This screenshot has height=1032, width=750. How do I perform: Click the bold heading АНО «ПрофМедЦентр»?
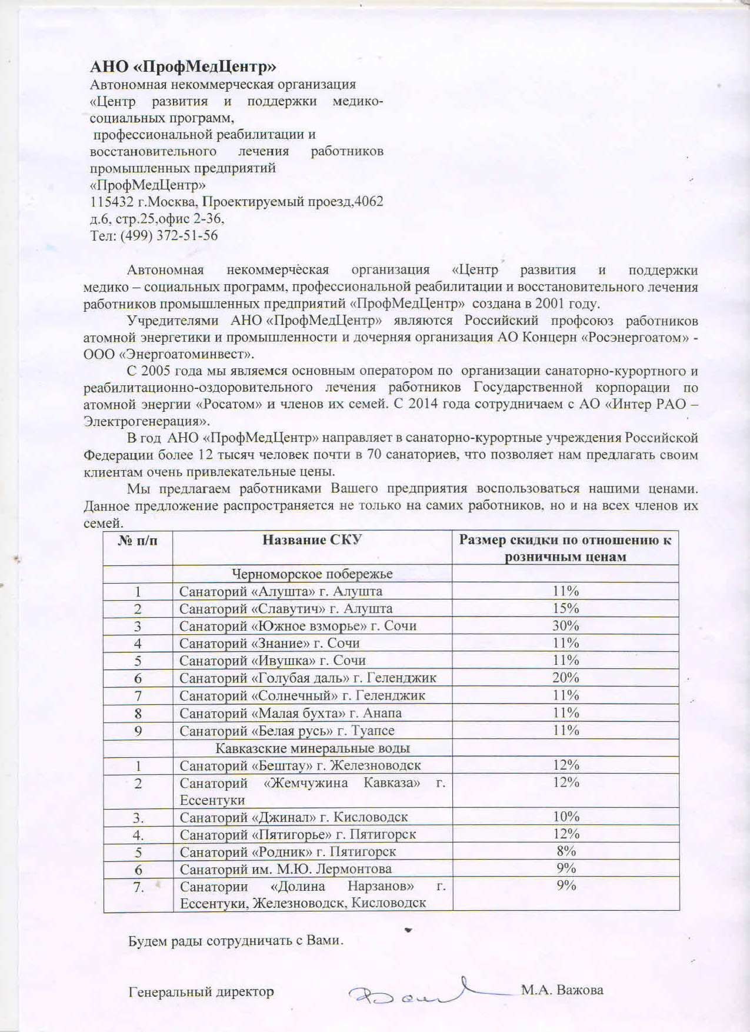[183, 66]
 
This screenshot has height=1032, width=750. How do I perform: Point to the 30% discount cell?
[565, 625]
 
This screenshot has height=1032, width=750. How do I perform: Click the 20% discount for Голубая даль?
[565, 678]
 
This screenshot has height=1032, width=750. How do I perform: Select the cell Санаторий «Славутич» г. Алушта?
[286, 608]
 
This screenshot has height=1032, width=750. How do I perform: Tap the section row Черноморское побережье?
[312, 574]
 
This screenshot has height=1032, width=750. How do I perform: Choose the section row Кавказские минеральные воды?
[312, 748]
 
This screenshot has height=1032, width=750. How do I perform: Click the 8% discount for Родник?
[566, 851]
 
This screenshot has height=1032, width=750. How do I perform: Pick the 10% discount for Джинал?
[566, 817]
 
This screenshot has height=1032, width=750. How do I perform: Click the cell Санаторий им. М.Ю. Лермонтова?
[286, 868]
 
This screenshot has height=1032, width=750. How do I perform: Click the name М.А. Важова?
[562, 990]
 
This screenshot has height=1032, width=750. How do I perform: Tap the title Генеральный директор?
[201, 991]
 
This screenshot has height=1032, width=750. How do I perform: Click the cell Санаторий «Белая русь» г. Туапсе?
[287, 731]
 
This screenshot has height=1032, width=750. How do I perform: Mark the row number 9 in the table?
[138, 731]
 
